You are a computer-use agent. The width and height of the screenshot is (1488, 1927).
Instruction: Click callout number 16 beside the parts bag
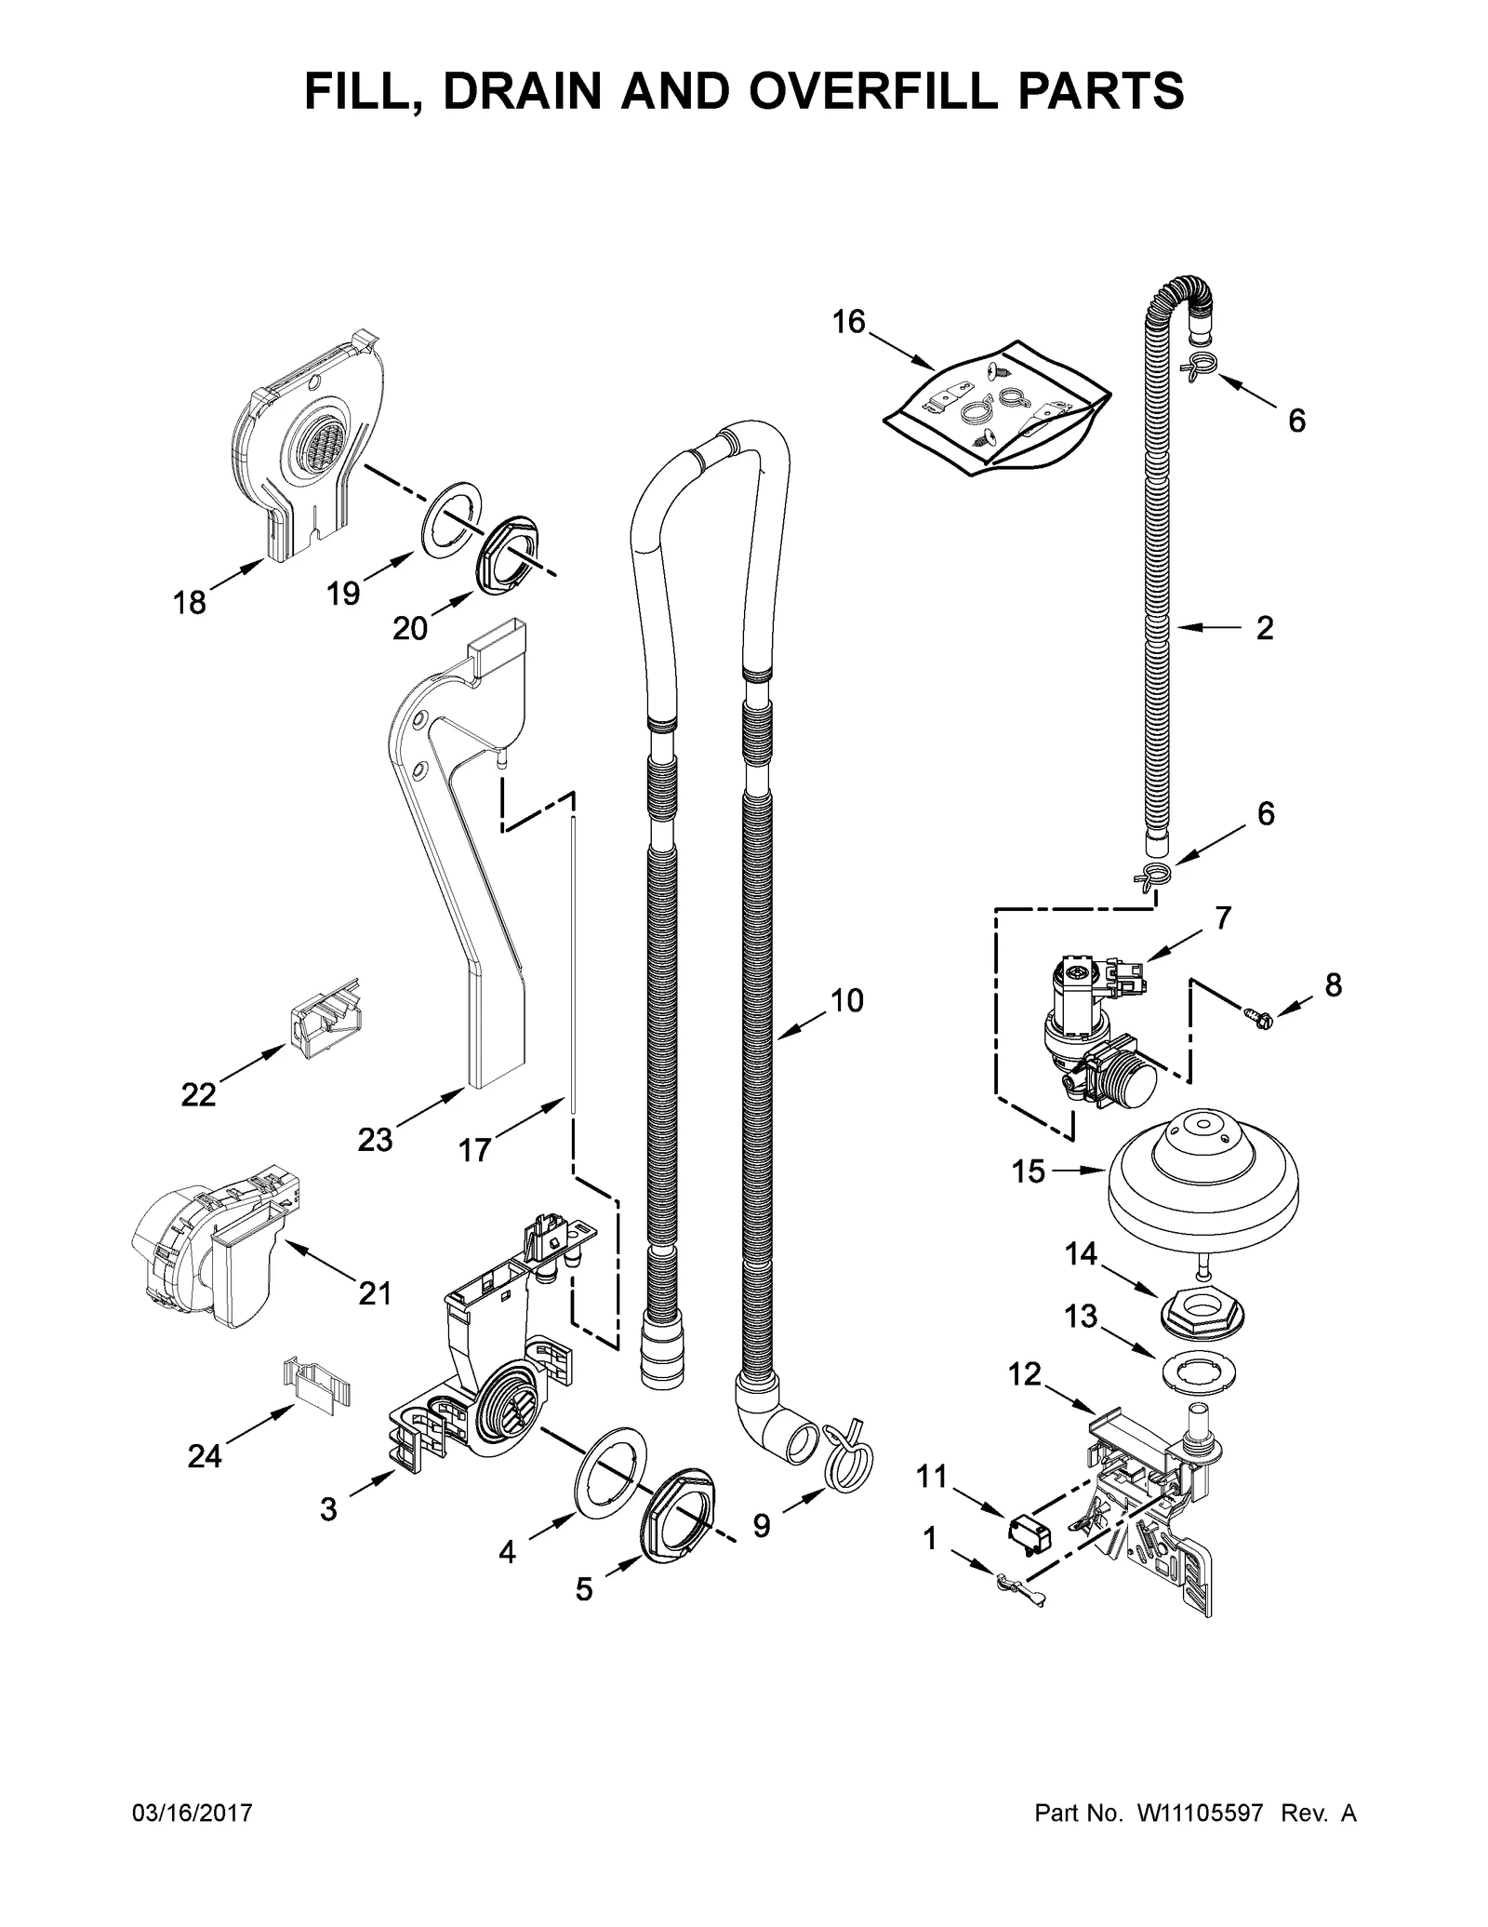point(848,322)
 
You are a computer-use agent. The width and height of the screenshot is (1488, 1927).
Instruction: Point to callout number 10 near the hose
point(846,1001)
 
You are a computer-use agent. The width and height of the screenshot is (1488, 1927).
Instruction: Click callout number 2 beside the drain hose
point(1264,629)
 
